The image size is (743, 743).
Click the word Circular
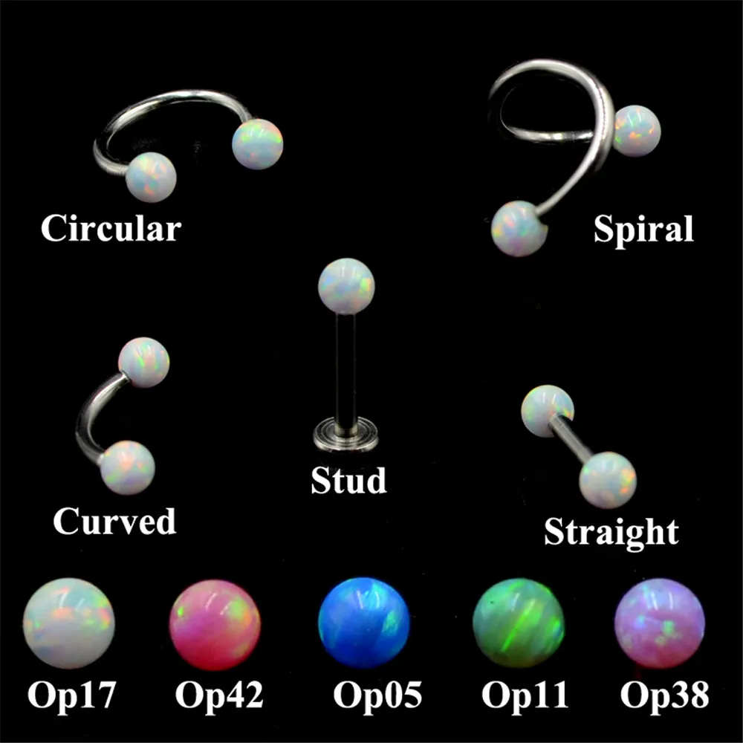(x=110, y=228)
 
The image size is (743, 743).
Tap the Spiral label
(x=643, y=230)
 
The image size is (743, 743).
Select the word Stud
(x=348, y=480)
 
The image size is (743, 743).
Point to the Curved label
(x=114, y=522)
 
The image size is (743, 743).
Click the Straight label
(x=611, y=532)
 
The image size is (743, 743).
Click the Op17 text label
(x=71, y=695)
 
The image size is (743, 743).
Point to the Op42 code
(x=219, y=695)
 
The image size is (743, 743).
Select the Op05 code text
(x=377, y=695)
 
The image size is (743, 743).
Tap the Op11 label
(x=525, y=695)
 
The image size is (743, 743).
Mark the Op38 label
(x=664, y=695)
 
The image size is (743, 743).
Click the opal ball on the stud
(x=345, y=284)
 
